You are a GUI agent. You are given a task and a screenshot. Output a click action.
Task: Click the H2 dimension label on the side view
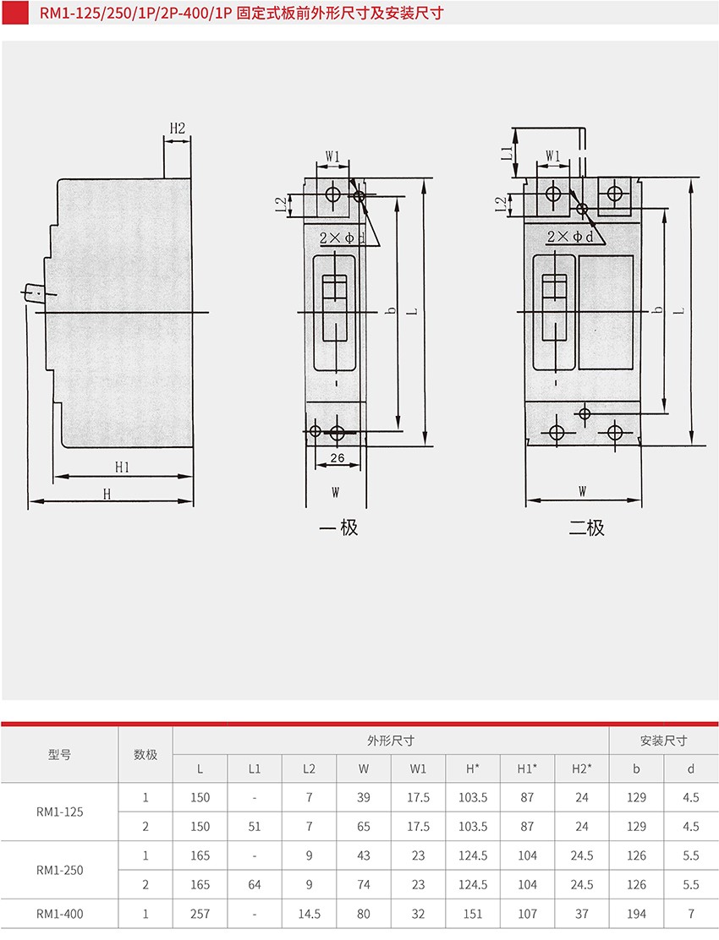[178, 128]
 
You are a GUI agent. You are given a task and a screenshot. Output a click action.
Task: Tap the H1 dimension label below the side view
[123, 467]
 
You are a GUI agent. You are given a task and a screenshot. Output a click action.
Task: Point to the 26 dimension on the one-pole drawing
[338, 458]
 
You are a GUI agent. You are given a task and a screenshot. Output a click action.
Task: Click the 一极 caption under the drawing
[339, 527]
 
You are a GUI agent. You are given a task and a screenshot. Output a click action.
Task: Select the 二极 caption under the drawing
[586, 527]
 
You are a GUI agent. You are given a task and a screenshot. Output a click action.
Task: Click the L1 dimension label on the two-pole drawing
[508, 152]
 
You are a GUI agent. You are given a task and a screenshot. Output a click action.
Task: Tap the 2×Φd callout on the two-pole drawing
[569, 237]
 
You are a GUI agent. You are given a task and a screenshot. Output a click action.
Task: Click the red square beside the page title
[15, 13]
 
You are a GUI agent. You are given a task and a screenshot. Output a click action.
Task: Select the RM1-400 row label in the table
[60, 914]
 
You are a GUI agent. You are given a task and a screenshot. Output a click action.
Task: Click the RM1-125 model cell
[60, 812]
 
